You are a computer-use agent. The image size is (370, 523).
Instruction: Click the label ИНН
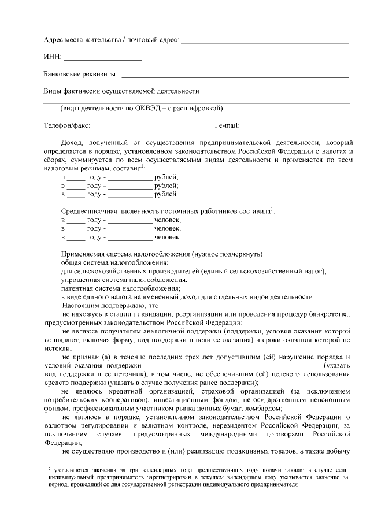coord(52,57)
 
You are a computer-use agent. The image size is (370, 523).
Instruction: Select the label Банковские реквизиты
coord(81,74)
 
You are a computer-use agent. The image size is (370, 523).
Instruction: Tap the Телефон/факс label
coord(66,125)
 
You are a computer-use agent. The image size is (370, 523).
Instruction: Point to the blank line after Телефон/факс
coord(153,127)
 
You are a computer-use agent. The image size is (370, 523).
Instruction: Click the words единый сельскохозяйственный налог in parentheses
coord(264,271)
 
